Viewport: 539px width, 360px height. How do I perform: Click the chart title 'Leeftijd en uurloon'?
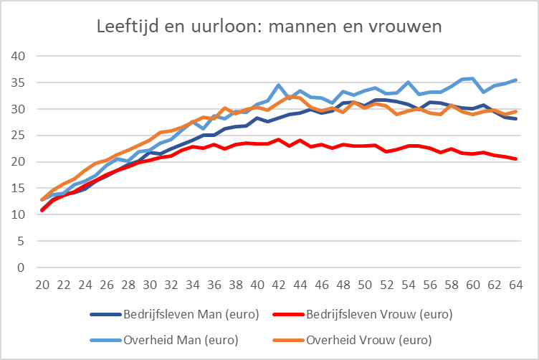[x=269, y=27]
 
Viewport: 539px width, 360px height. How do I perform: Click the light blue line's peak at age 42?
[x=279, y=85]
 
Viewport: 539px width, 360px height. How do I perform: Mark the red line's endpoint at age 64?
[x=516, y=159]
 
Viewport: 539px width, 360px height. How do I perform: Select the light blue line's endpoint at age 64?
[x=516, y=80]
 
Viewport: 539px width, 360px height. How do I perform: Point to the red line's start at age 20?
[x=42, y=211]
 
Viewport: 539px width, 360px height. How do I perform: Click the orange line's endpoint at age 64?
[x=516, y=111]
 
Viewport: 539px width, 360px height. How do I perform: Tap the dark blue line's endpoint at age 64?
[x=516, y=118]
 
